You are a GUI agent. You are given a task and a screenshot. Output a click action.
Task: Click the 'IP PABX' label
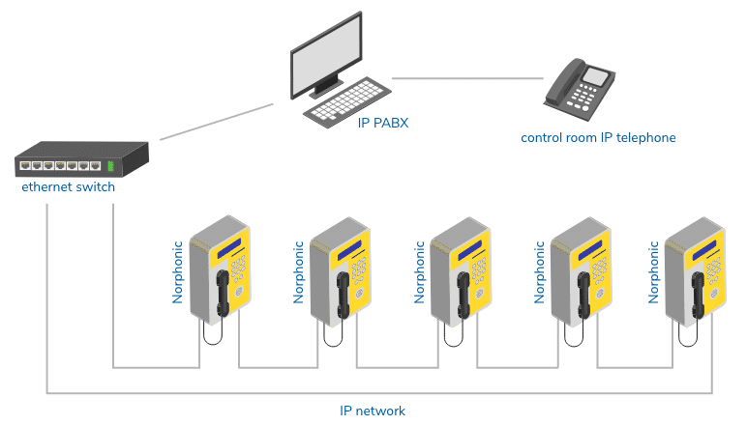[383, 123]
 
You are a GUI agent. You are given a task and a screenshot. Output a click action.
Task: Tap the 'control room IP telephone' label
[598, 138]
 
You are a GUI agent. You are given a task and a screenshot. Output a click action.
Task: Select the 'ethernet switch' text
[68, 186]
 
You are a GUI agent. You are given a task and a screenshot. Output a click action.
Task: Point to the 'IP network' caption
[373, 411]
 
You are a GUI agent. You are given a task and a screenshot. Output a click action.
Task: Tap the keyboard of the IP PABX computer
[347, 102]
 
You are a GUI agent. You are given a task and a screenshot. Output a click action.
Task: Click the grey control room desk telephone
[580, 89]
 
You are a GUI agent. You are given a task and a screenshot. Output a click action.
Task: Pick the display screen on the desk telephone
[596, 76]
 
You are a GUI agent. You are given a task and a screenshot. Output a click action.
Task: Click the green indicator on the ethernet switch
[110, 166]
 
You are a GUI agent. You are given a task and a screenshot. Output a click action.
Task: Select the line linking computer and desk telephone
[467, 78]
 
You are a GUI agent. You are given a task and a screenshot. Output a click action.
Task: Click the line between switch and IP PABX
[217, 122]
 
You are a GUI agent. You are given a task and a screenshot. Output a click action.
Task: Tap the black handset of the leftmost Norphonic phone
[223, 294]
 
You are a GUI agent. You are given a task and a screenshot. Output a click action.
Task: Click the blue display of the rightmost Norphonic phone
[704, 249]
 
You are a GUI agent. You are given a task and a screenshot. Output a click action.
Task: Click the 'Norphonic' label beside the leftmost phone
[177, 272]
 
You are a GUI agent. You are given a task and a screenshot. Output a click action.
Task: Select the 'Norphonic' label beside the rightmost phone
[653, 272]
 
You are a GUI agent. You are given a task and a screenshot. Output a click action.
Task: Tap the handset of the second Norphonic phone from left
[343, 296]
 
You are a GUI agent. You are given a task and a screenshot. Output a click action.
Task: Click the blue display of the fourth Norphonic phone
[590, 250]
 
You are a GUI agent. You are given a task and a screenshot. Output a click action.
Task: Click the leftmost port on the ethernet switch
[25, 166]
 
